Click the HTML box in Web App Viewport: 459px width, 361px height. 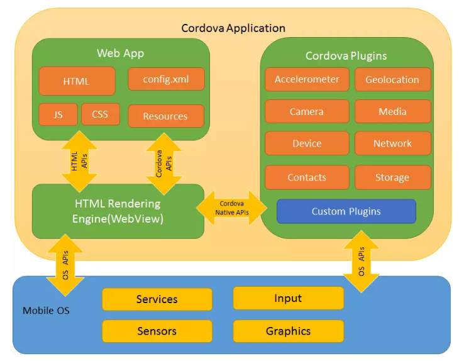pyautogui.click(x=77, y=81)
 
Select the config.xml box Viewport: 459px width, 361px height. pyautogui.click(x=166, y=79)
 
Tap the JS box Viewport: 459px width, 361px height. pyautogui.click(x=58, y=114)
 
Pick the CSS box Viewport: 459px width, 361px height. pyautogui.click(x=100, y=114)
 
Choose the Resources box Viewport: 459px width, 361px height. pyautogui.click(x=166, y=116)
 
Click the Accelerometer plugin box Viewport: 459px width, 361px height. pyautogui.click(x=307, y=80)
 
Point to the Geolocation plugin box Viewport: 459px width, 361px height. pyautogui.click(x=392, y=80)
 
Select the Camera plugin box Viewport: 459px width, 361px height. pyautogui.click(x=307, y=111)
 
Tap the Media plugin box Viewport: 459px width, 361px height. pyautogui.click(x=392, y=111)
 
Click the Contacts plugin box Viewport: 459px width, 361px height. pyautogui.click(x=307, y=177)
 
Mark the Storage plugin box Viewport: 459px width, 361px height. pyautogui.click(x=392, y=177)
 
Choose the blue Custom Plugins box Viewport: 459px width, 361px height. pyautogui.click(x=346, y=211)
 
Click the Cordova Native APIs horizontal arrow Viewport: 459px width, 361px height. pyautogui.click(x=232, y=208)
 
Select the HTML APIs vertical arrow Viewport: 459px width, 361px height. pyautogui.click(x=79, y=160)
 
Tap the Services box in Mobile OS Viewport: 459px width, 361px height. pyautogui.click(x=157, y=299)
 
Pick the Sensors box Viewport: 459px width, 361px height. pyautogui.click(x=157, y=331)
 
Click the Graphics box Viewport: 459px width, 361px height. pyautogui.click(x=289, y=331)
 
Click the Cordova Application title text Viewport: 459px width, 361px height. pyautogui.click(x=233, y=28)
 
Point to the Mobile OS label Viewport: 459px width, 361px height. pyautogui.click(x=46, y=311)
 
